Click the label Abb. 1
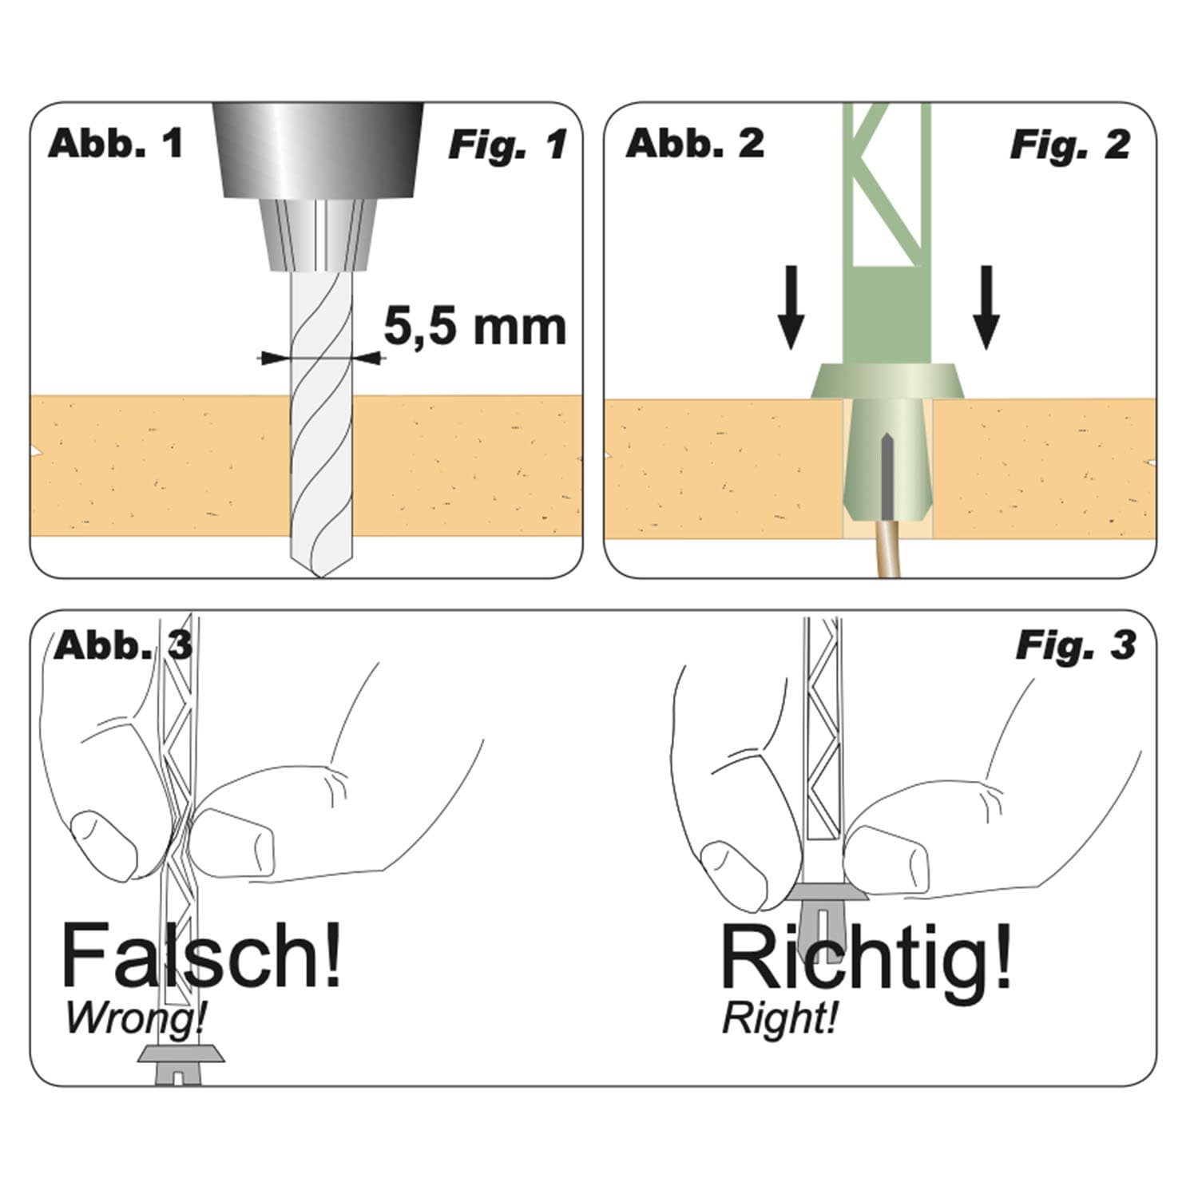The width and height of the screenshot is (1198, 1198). click(x=116, y=144)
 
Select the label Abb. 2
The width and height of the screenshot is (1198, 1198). click(x=695, y=144)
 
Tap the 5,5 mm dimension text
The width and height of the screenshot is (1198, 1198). click(x=475, y=326)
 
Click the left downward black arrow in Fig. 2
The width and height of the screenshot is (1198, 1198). click(x=791, y=307)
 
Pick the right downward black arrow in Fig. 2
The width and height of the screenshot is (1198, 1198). click(x=986, y=307)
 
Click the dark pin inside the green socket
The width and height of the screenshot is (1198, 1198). click(x=885, y=475)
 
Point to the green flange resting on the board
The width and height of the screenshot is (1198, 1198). click(x=887, y=382)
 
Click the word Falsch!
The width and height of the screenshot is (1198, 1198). click(x=200, y=956)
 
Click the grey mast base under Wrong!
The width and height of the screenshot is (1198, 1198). click(x=181, y=1063)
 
